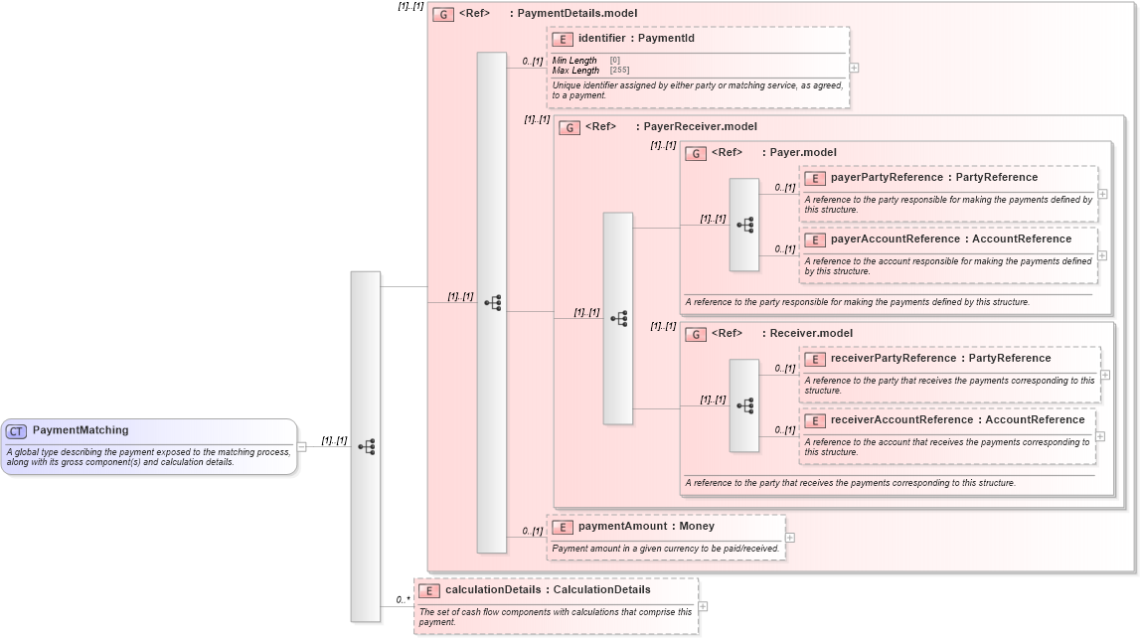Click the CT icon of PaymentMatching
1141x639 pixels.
[16, 431]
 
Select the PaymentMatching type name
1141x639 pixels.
[81, 430]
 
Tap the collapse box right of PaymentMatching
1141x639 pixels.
[301, 446]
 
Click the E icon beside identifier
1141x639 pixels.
[563, 39]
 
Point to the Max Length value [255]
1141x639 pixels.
[619, 71]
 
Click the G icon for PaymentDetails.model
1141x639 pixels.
[443, 14]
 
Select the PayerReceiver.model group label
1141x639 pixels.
[700, 127]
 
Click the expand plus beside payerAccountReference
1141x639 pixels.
[1102, 255]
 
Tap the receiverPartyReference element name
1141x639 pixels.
[893, 359]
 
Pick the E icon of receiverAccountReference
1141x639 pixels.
[815, 420]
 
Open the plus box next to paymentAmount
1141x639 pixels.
[790, 537]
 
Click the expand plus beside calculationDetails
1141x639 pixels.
[703, 606]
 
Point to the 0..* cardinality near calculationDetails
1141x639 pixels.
[403, 599]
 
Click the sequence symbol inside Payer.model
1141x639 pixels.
[744, 226]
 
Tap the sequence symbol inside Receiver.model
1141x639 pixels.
[744, 405]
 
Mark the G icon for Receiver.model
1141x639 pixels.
[696, 334]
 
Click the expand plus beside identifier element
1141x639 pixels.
[854, 68]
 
